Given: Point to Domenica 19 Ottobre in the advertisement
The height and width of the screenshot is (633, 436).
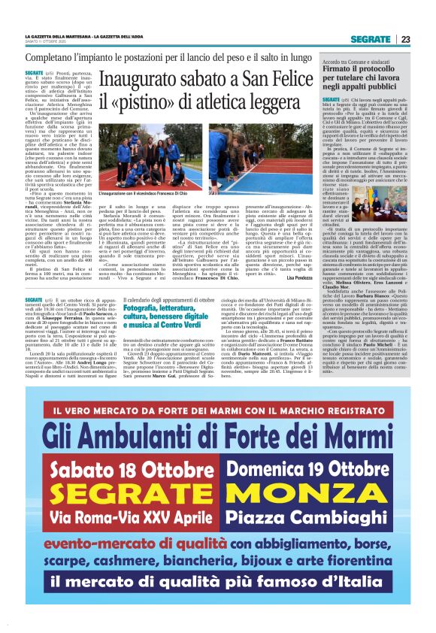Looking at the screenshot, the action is point(310,450).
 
